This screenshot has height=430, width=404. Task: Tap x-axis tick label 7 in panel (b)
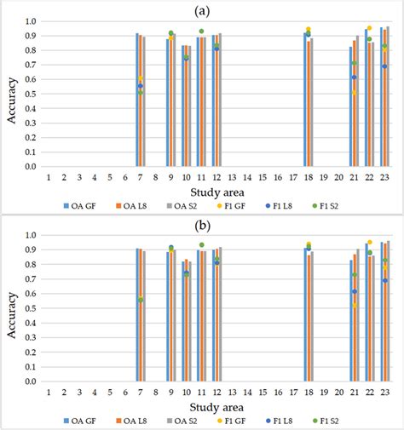pos(140,393)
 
